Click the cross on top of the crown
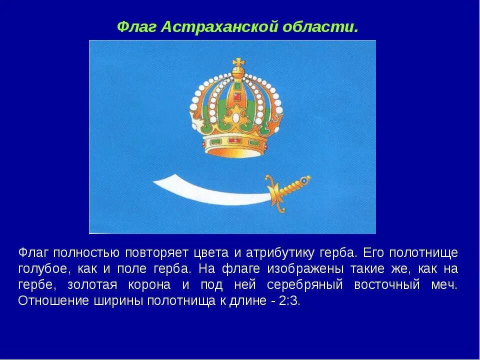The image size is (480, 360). (x=237, y=64)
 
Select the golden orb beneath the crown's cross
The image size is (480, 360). (x=237, y=74)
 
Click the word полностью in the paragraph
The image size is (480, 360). (x=85, y=252)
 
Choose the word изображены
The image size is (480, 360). (x=305, y=269)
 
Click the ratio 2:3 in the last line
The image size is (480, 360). (x=289, y=302)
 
